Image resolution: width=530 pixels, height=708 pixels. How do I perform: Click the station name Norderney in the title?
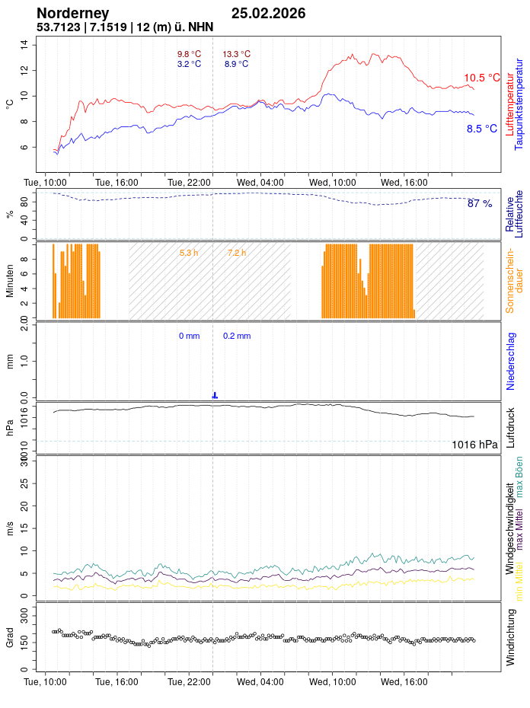click(x=73, y=13)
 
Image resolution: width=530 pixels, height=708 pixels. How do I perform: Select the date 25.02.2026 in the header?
click(x=268, y=13)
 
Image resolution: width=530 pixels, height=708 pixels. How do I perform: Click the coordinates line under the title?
click(x=125, y=27)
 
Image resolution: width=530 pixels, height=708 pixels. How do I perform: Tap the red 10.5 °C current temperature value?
click(x=482, y=78)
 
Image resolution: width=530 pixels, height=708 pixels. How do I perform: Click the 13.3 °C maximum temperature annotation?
click(x=236, y=54)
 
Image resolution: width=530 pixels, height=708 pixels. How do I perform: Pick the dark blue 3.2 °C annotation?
click(x=189, y=64)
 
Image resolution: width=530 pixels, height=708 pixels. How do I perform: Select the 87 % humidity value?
click(x=480, y=203)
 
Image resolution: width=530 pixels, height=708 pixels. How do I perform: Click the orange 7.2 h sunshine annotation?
click(x=237, y=252)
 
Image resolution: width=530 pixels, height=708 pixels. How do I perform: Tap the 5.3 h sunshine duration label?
click(x=189, y=252)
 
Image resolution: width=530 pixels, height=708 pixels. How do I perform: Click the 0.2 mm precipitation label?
click(x=237, y=336)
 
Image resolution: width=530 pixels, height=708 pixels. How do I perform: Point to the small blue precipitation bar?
click(x=215, y=395)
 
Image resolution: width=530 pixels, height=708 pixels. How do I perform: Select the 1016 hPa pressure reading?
click(x=474, y=445)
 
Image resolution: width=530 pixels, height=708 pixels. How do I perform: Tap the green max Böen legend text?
click(x=519, y=477)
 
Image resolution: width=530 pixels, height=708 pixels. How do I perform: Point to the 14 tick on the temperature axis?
click(x=24, y=44)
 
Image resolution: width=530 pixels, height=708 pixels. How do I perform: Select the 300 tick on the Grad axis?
click(x=23, y=611)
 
